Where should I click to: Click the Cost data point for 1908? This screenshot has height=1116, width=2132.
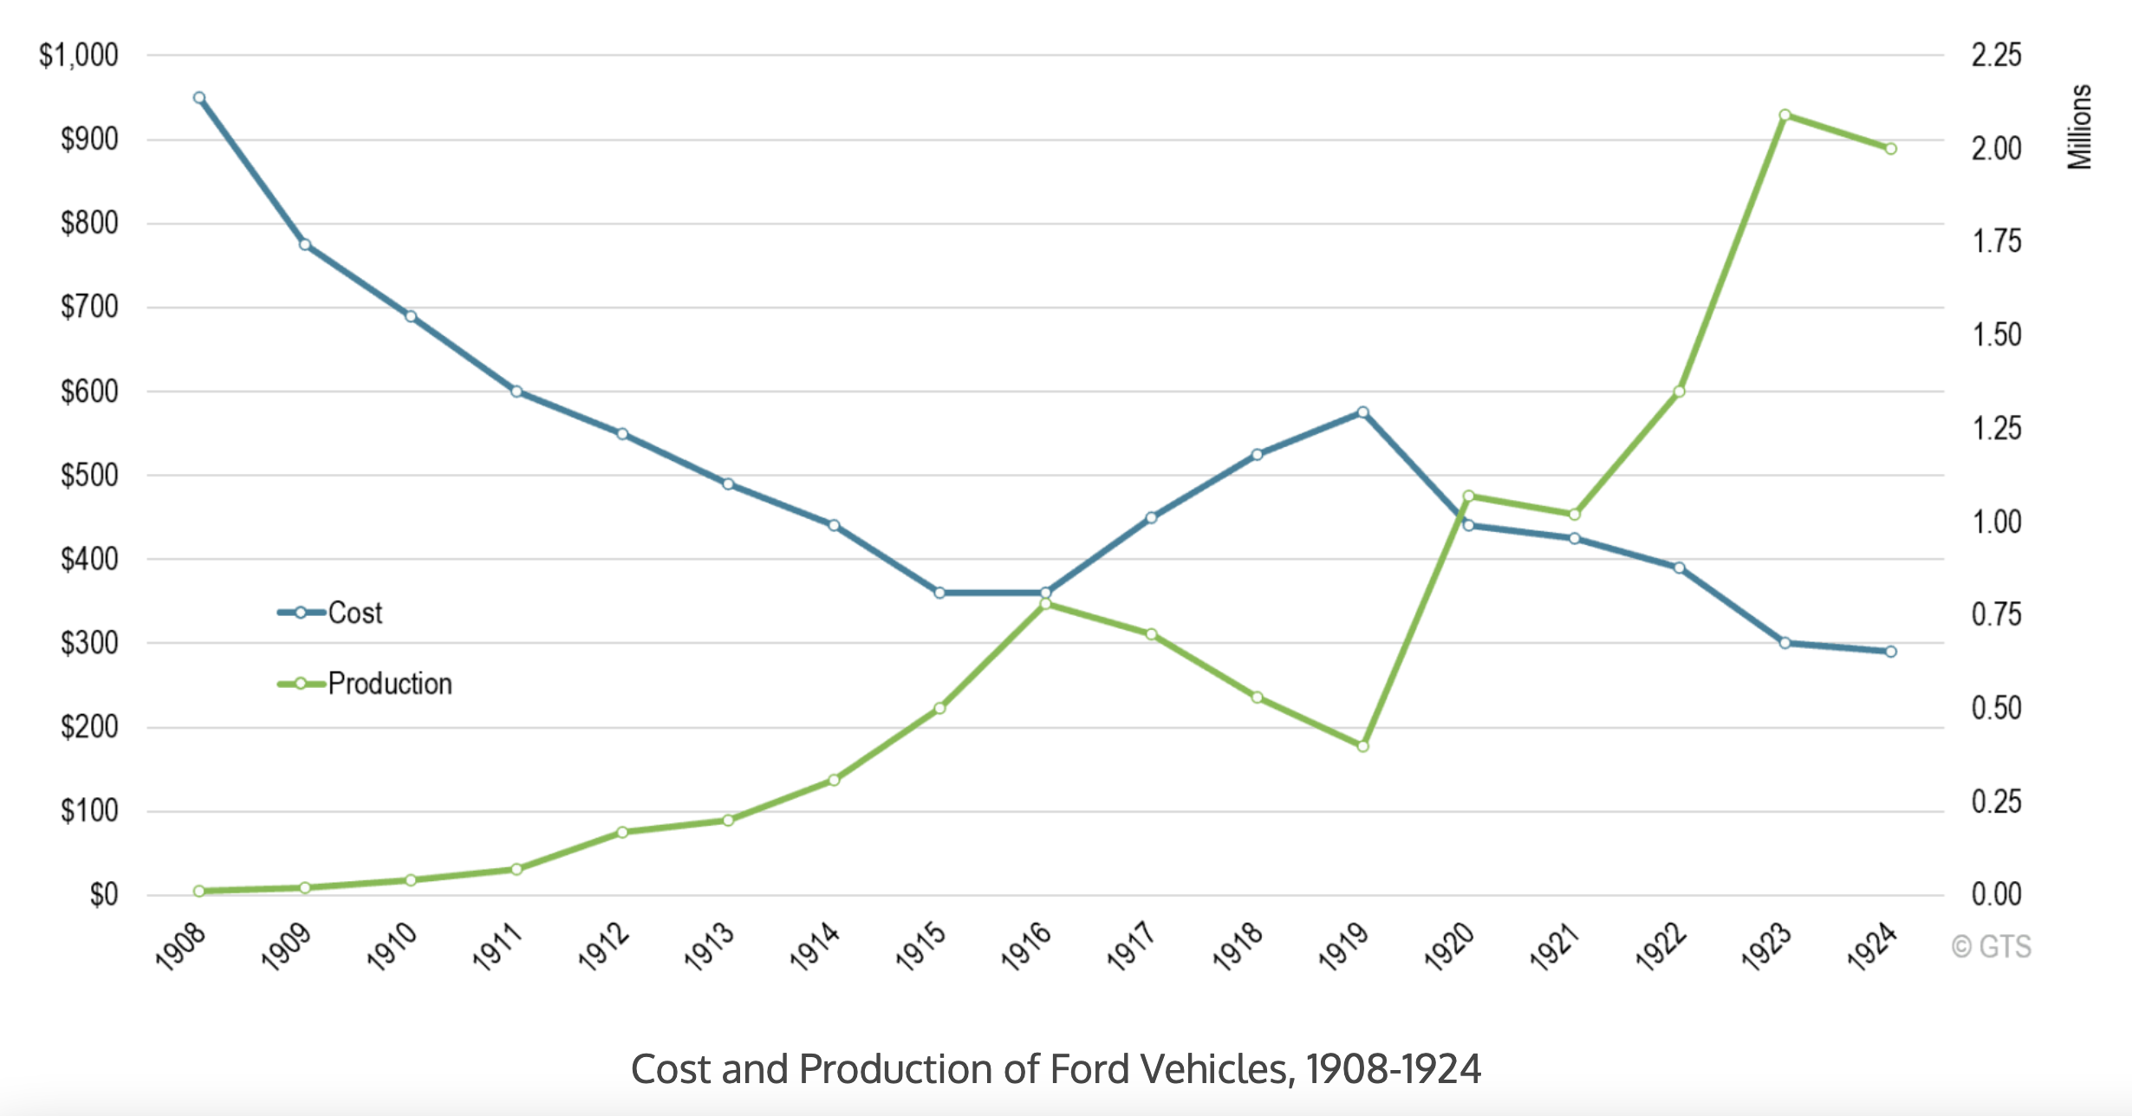click(199, 98)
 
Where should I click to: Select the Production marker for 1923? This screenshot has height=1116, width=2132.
click(1784, 115)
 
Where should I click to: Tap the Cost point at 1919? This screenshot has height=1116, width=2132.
click(1362, 412)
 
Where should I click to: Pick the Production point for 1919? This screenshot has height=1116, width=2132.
click(1362, 746)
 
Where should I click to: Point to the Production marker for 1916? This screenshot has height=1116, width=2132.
click(1045, 603)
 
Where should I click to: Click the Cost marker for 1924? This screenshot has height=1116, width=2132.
click(1890, 652)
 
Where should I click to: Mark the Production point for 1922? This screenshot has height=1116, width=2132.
click(1679, 392)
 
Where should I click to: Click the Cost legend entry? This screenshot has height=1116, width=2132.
click(354, 613)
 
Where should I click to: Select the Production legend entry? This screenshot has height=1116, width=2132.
click(389, 684)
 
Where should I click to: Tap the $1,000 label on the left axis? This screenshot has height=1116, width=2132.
click(79, 55)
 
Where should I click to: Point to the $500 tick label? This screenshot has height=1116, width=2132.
click(89, 476)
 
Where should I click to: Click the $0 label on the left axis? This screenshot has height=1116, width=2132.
click(104, 895)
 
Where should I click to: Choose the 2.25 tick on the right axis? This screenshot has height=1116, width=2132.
click(1996, 55)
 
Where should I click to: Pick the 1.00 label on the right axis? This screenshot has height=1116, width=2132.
click(1996, 522)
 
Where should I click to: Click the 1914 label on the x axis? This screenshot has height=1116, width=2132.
click(815, 946)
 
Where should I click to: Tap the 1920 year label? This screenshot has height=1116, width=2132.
click(1449, 946)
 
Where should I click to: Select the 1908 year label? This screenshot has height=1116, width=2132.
click(180, 946)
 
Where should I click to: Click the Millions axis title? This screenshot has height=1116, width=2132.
click(2079, 127)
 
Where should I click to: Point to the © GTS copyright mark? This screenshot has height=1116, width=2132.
click(1991, 947)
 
